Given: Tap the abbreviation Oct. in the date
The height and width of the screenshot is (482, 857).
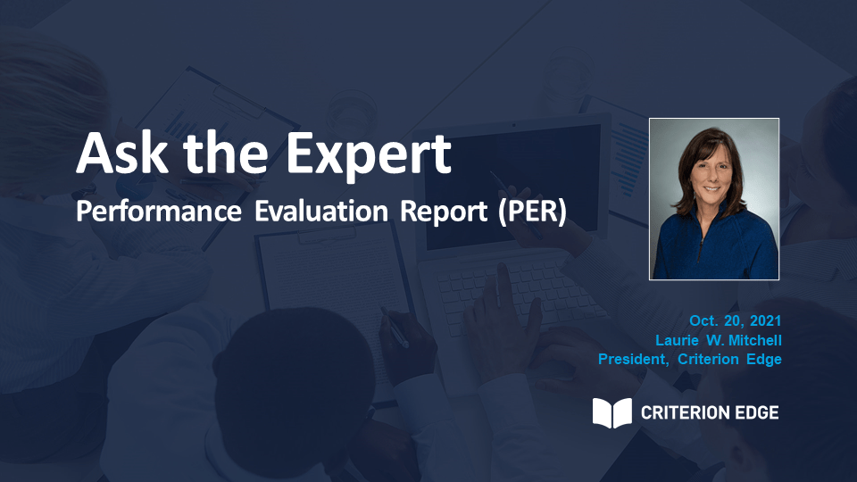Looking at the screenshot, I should (703, 320).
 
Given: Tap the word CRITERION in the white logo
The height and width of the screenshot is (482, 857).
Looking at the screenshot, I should (683, 412).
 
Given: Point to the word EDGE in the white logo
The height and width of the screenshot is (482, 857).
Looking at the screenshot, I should (754, 412).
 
